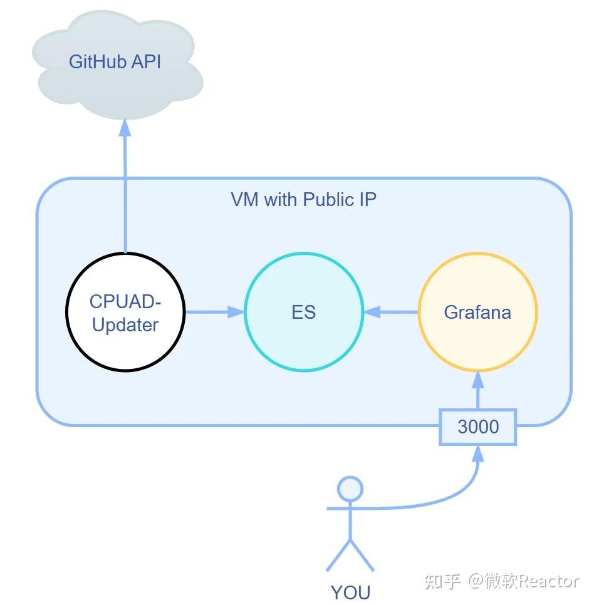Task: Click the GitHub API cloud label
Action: pos(115,62)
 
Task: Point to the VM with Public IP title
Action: pos(303,200)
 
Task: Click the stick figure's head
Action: pos(350,489)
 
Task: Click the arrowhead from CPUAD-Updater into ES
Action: pos(236,312)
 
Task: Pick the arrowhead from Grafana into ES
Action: pos(372,312)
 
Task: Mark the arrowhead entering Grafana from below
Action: pos(478,380)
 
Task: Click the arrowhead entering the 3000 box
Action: pos(478,454)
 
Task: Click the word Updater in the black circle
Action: pos(125,325)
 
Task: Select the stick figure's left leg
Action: pos(338,556)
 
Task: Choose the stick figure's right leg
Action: pos(362,556)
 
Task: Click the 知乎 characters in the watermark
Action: pos(443,581)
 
